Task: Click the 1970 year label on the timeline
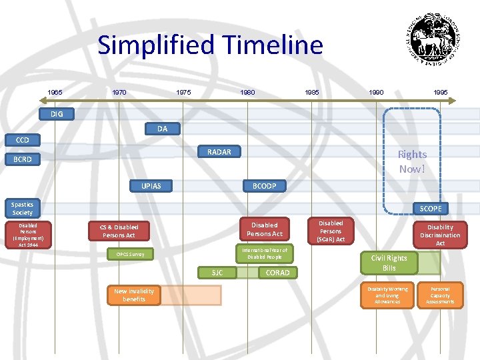click(119, 92)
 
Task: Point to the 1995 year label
click(440, 92)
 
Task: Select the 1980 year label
click(248, 92)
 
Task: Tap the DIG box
click(57, 114)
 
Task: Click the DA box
click(162, 128)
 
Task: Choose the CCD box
click(23, 140)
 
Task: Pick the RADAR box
click(219, 152)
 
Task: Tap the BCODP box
click(264, 185)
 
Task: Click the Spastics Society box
click(22, 208)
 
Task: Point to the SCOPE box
click(430, 209)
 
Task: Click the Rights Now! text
click(412, 161)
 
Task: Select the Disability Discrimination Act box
click(440, 235)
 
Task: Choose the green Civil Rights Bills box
click(389, 263)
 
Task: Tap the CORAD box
click(277, 272)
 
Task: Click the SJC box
click(217, 272)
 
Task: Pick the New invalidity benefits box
click(134, 295)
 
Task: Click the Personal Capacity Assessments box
click(440, 295)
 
